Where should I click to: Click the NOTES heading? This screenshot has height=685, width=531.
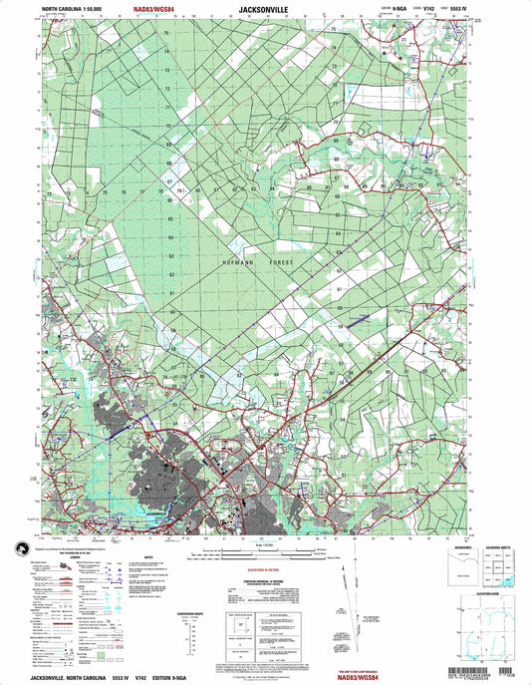coord(148,557)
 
